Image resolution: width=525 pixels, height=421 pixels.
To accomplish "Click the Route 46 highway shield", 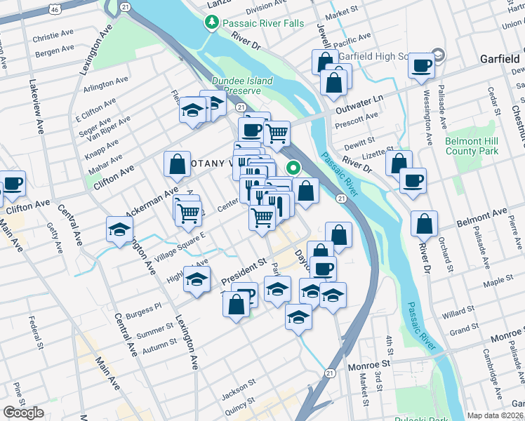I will pyautogui.click(x=54, y=8).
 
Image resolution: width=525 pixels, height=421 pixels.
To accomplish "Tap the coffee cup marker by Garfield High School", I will pyautogui.click(x=421, y=66).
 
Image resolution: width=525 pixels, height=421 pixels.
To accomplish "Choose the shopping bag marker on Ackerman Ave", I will pyautogui.click(x=178, y=164).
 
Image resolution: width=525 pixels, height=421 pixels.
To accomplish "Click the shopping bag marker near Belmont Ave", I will pyautogui.click(x=425, y=225).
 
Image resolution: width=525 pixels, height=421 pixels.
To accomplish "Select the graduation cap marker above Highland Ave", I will pyautogui.click(x=197, y=279).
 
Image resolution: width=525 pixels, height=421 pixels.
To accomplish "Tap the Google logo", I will pyautogui.click(x=24, y=413).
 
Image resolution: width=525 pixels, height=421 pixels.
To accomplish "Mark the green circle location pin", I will pyautogui.click(x=293, y=168).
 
